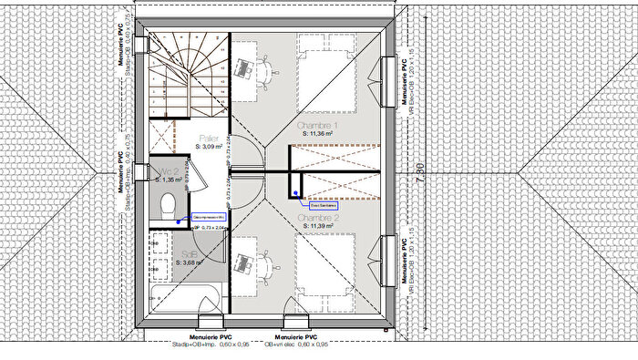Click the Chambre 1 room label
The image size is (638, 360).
[x=318, y=126]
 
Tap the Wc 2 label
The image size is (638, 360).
[x=168, y=171]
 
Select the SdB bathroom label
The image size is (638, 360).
[x=189, y=253]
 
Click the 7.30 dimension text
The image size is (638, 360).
[x=418, y=171]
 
